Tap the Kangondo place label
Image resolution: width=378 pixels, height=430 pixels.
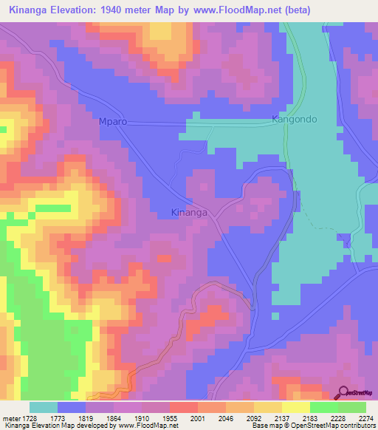(x=295, y=119)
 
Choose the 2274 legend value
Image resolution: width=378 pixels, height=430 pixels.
(x=367, y=418)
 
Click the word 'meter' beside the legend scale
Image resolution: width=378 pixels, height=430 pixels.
(x=10, y=418)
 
